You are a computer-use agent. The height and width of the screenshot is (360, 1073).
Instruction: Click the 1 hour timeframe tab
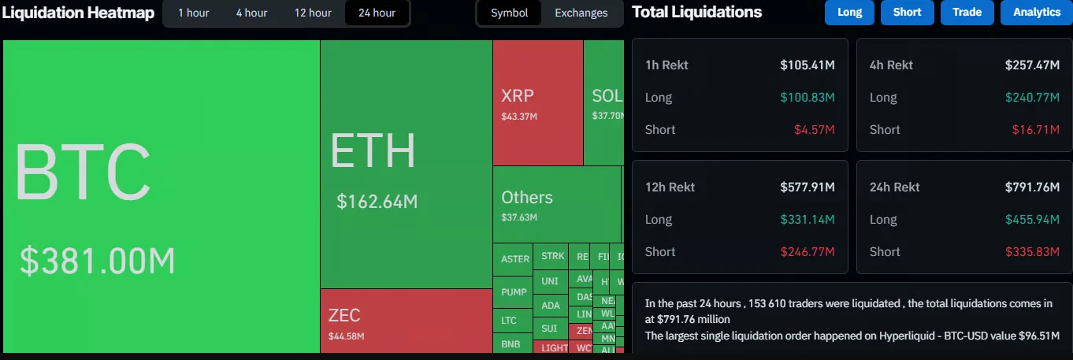click(x=193, y=13)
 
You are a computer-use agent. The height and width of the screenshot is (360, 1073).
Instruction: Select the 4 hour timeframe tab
click(x=251, y=13)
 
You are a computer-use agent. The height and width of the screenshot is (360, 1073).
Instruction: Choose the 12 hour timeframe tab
click(x=313, y=13)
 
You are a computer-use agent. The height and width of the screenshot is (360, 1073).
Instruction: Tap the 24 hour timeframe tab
click(x=377, y=13)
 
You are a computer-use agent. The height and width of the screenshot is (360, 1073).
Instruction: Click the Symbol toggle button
click(x=510, y=13)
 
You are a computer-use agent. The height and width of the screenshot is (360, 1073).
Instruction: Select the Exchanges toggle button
click(x=581, y=13)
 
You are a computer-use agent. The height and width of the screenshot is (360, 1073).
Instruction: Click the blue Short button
click(x=907, y=13)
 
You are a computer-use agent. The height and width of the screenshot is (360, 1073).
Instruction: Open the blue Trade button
click(x=967, y=13)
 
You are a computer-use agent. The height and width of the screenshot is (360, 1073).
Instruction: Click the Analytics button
click(x=1036, y=13)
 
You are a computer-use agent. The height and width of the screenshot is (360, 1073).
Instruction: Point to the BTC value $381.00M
click(x=97, y=261)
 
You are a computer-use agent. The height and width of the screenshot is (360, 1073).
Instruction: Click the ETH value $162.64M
click(x=377, y=202)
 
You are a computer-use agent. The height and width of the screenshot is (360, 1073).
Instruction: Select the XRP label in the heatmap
click(x=518, y=96)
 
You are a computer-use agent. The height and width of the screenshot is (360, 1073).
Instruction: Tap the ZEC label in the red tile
click(x=344, y=316)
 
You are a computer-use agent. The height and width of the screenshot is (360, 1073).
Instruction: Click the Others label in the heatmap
click(x=527, y=198)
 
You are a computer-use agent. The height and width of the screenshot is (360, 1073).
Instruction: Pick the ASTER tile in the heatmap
click(x=515, y=259)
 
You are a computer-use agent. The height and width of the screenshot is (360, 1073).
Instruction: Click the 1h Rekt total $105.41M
click(x=808, y=65)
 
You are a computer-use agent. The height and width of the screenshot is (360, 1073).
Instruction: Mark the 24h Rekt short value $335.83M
click(x=1032, y=252)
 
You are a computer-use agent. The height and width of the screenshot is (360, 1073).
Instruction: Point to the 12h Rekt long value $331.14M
click(x=808, y=220)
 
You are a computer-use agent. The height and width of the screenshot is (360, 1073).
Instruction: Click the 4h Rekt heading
click(x=891, y=65)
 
